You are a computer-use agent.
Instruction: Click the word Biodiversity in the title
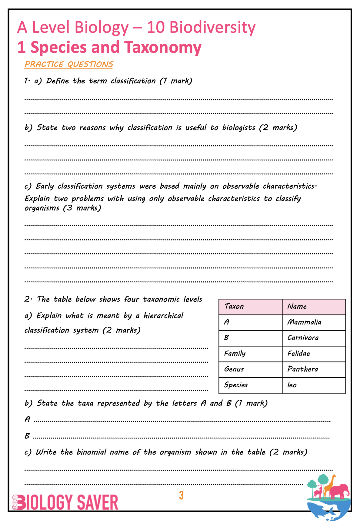(212, 27)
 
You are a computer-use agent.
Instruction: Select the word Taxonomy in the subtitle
(163, 48)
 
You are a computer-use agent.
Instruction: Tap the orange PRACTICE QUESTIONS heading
(69, 64)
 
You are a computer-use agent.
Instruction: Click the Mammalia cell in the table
(304, 322)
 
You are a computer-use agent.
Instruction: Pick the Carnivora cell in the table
(303, 338)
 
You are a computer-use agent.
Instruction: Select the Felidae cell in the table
(298, 354)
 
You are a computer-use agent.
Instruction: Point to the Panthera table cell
(302, 369)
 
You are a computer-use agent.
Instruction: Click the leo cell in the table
(292, 385)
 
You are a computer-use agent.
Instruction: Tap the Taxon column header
(234, 307)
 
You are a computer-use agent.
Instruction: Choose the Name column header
(297, 307)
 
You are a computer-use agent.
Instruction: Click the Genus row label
(234, 369)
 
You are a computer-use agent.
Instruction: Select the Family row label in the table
(235, 354)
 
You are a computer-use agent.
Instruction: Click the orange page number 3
(181, 495)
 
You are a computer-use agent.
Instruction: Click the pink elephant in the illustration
(340, 491)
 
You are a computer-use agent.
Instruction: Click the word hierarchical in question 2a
(163, 316)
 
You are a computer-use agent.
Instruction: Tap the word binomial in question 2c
(91, 452)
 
